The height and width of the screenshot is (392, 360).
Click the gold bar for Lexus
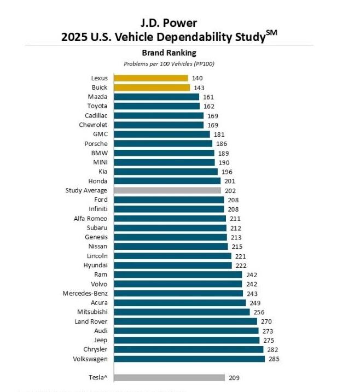[x=150, y=78]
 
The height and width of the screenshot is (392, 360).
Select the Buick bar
[x=152, y=87]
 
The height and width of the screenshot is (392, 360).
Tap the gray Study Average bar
[x=167, y=190]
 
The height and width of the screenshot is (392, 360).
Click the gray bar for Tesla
[x=169, y=377]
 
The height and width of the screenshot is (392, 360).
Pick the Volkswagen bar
[x=189, y=359]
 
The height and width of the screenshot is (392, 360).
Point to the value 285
[x=274, y=359]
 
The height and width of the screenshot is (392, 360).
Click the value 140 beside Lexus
[x=198, y=78]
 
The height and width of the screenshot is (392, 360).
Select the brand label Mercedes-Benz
[x=85, y=293]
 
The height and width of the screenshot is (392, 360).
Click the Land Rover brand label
[x=91, y=321]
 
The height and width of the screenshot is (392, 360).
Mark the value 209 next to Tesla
[x=234, y=377]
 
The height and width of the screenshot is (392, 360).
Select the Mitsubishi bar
[x=181, y=312]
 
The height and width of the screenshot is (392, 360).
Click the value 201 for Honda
[x=229, y=181]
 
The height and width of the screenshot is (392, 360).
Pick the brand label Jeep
[x=100, y=340]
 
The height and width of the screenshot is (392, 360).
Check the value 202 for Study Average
[x=230, y=190]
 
